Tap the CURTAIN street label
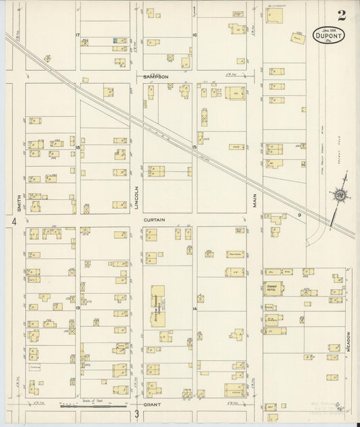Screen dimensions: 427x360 pyautogui.click(x=154, y=220)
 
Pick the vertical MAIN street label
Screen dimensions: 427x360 pyautogui.click(x=257, y=201)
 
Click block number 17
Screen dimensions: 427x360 pyautogui.click(x=78, y=34)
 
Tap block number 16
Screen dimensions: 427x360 pyautogui.click(x=194, y=34)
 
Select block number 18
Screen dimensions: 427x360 pyautogui.click(x=78, y=147)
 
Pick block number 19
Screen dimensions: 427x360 pyautogui.click(x=78, y=307)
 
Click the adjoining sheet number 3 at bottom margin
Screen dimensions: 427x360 pyautogui.click(x=136, y=413)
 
